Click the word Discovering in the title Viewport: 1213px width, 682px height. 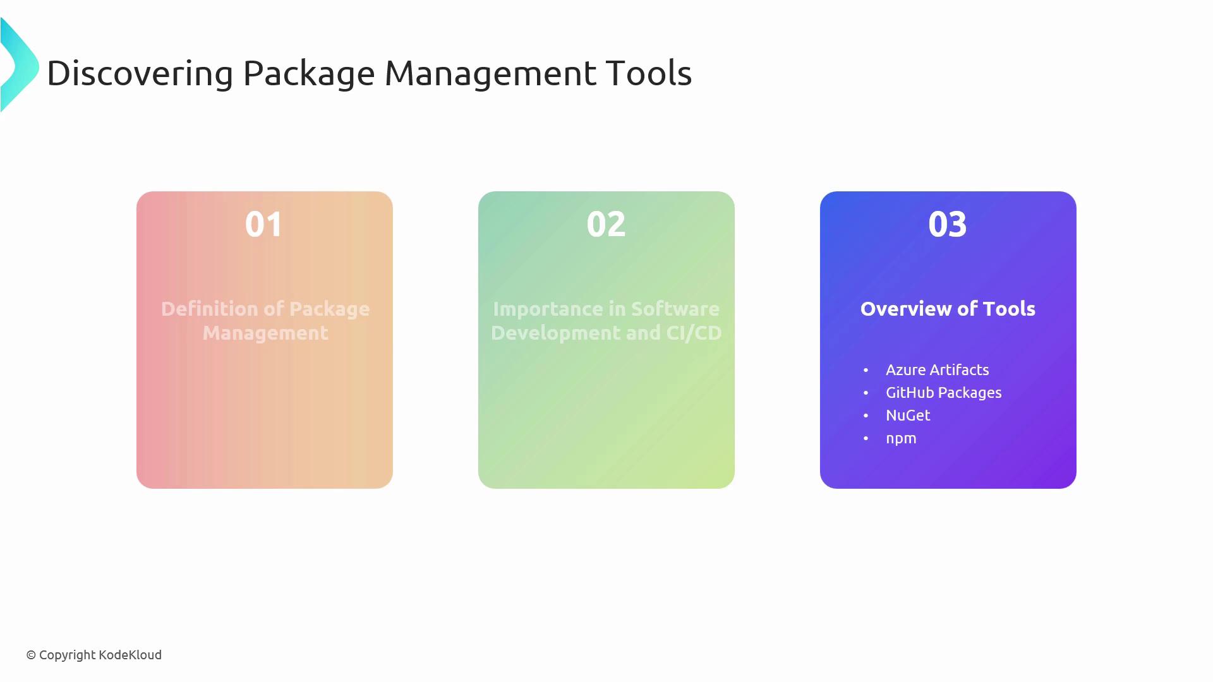point(140,73)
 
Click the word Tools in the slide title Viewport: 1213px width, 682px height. point(649,73)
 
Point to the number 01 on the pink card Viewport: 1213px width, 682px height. point(264,224)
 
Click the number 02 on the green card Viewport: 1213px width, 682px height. point(606,224)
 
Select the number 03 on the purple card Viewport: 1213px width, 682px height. point(948,224)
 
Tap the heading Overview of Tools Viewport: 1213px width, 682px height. point(948,309)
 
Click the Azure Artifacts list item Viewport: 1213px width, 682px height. point(938,370)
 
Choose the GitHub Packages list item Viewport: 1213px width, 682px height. point(944,393)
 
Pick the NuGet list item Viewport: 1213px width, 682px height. point(908,416)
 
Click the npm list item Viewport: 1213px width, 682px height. point(901,439)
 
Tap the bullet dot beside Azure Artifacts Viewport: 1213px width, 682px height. point(866,370)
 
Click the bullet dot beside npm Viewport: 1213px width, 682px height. point(866,438)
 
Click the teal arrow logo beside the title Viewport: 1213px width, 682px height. point(20,65)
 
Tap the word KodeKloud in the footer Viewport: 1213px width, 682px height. point(130,655)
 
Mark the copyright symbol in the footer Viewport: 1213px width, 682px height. point(31,655)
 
